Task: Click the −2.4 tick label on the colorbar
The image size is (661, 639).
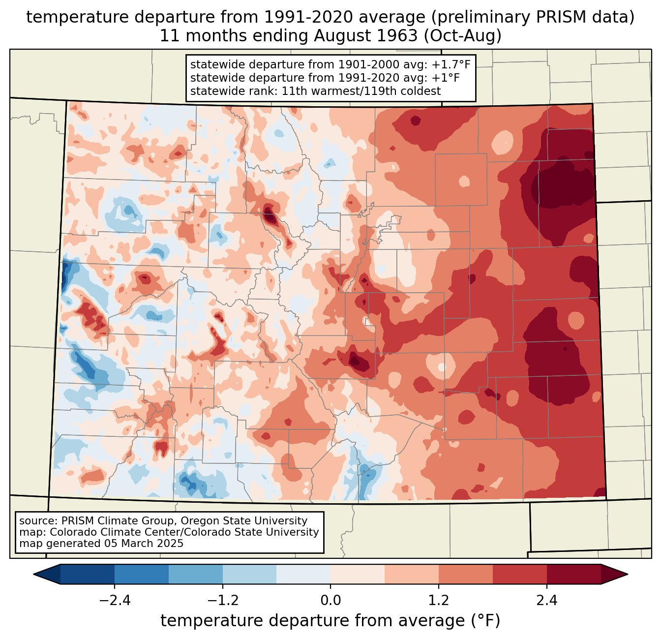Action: (x=115, y=601)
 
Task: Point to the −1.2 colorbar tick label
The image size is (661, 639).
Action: (x=222, y=601)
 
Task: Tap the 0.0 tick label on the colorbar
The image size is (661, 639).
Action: (x=330, y=601)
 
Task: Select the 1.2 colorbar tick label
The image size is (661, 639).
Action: (x=439, y=601)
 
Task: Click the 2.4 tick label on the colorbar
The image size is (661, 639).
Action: (x=546, y=601)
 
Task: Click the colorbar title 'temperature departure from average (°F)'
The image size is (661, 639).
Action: (x=330, y=621)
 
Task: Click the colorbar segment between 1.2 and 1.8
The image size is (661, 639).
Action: (x=466, y=574)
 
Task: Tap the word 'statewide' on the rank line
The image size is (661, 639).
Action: (x=212, y=91)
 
